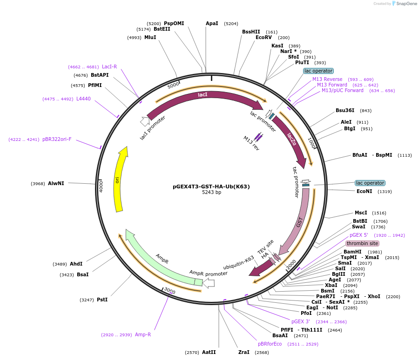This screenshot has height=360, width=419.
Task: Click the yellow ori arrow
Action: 118,180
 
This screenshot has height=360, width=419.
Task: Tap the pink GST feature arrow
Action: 299,222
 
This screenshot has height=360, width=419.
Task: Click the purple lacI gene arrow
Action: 203,96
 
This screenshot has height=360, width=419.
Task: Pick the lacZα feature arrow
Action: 291,139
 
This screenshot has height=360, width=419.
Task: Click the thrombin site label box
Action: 362,243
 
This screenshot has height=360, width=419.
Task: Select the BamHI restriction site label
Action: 352,252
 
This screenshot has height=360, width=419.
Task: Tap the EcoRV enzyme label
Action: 264,37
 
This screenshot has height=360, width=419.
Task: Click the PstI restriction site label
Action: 102,300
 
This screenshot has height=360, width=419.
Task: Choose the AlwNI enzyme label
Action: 56,183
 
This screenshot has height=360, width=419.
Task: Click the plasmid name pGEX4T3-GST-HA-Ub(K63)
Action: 211,187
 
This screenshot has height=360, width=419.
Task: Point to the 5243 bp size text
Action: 211,192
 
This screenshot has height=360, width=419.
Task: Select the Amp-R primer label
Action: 143,334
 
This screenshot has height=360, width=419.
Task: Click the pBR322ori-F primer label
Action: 57,139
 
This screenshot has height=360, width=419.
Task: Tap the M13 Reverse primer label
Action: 327,80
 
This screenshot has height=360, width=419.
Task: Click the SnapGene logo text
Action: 406,3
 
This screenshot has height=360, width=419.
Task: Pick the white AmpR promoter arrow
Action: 209,283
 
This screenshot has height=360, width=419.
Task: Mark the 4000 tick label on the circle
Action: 101,187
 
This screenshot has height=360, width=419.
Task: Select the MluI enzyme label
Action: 150,37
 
